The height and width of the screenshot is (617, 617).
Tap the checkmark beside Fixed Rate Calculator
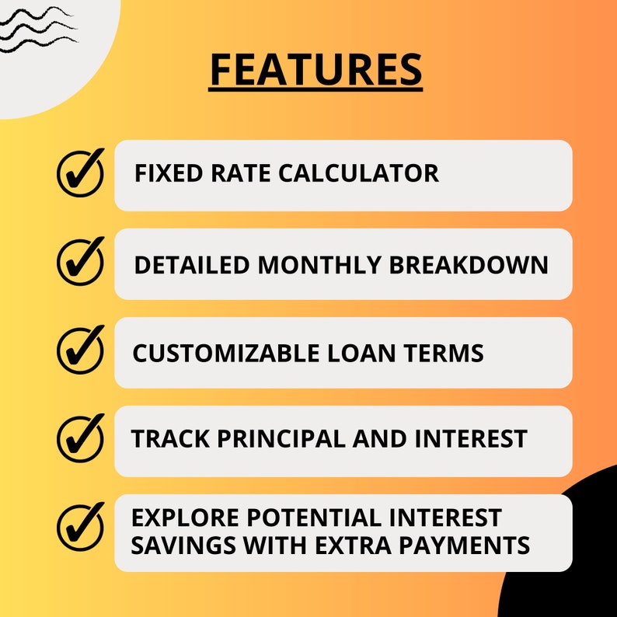[81, 173]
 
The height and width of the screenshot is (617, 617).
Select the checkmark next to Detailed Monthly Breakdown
[81, 262]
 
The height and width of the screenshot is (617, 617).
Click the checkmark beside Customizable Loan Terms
[81, 350]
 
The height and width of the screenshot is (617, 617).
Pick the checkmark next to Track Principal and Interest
[81, 438]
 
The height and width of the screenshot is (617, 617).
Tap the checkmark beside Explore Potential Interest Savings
[81, 528]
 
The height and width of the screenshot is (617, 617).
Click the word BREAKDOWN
[469, 265]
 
